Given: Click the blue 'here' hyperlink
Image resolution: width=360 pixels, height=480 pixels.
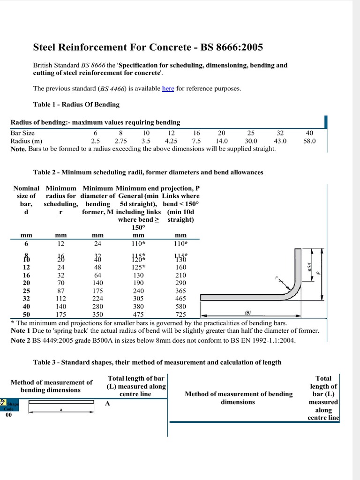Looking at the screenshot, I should [x=168, y=89].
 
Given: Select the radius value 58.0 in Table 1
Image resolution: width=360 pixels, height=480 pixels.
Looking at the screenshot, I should [x=310, y=140].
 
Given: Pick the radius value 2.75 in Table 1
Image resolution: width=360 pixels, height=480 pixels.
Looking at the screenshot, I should [x=120, y=140].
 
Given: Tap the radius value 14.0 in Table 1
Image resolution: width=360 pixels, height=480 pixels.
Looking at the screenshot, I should [x=222, y=140].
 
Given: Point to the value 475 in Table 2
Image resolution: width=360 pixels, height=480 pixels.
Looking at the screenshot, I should [x=138, y=315].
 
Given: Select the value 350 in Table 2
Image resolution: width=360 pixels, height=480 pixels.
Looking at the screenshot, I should [x=98, y=315].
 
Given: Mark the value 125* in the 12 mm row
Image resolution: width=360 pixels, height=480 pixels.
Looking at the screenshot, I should [x=138, y=267].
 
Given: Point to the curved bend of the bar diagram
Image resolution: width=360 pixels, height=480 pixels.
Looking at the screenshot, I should [x=293, y=292].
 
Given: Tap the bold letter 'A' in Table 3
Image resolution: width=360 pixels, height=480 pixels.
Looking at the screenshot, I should [x=107, y=404].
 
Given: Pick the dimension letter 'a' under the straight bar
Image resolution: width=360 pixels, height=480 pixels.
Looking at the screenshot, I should [x=61, y=409].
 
